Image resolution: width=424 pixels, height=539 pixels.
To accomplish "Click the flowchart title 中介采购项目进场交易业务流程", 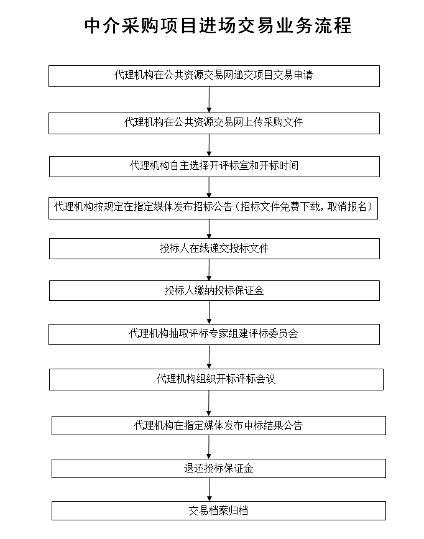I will (218, 25).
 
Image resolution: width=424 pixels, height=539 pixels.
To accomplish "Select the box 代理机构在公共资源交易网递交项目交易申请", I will (214, 76).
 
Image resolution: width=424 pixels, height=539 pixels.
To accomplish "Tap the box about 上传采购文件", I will (214, 123).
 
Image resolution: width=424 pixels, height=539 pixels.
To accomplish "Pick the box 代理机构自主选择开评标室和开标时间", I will (214, 166).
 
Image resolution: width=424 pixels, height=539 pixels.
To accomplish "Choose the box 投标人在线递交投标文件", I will (214, 249).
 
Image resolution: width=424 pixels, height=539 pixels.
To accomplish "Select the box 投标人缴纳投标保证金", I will (214, 290).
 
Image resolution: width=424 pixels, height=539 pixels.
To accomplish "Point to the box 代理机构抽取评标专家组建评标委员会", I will (214, 334).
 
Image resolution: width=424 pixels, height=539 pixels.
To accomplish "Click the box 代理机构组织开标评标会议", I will (216, 379).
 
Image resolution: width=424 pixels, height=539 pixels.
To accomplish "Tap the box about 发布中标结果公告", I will (219, 426).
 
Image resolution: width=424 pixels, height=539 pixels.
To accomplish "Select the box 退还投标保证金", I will (219, 468).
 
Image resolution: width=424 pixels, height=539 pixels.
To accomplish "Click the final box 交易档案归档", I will (219, 510).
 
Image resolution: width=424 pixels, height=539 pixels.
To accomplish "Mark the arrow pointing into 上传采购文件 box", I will (210, 99).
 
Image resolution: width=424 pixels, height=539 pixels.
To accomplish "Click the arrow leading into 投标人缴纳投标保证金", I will (210, 270).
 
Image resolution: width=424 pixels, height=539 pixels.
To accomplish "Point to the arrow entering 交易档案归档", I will (210, 489).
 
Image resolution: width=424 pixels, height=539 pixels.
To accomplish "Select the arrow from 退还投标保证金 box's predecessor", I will (210, 447).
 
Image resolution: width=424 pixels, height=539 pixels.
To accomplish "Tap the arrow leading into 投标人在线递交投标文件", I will (210, 228).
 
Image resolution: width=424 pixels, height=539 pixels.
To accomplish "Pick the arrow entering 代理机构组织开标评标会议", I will (210, 356).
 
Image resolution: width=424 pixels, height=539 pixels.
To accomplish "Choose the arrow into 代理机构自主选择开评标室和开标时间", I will (210, 145).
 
